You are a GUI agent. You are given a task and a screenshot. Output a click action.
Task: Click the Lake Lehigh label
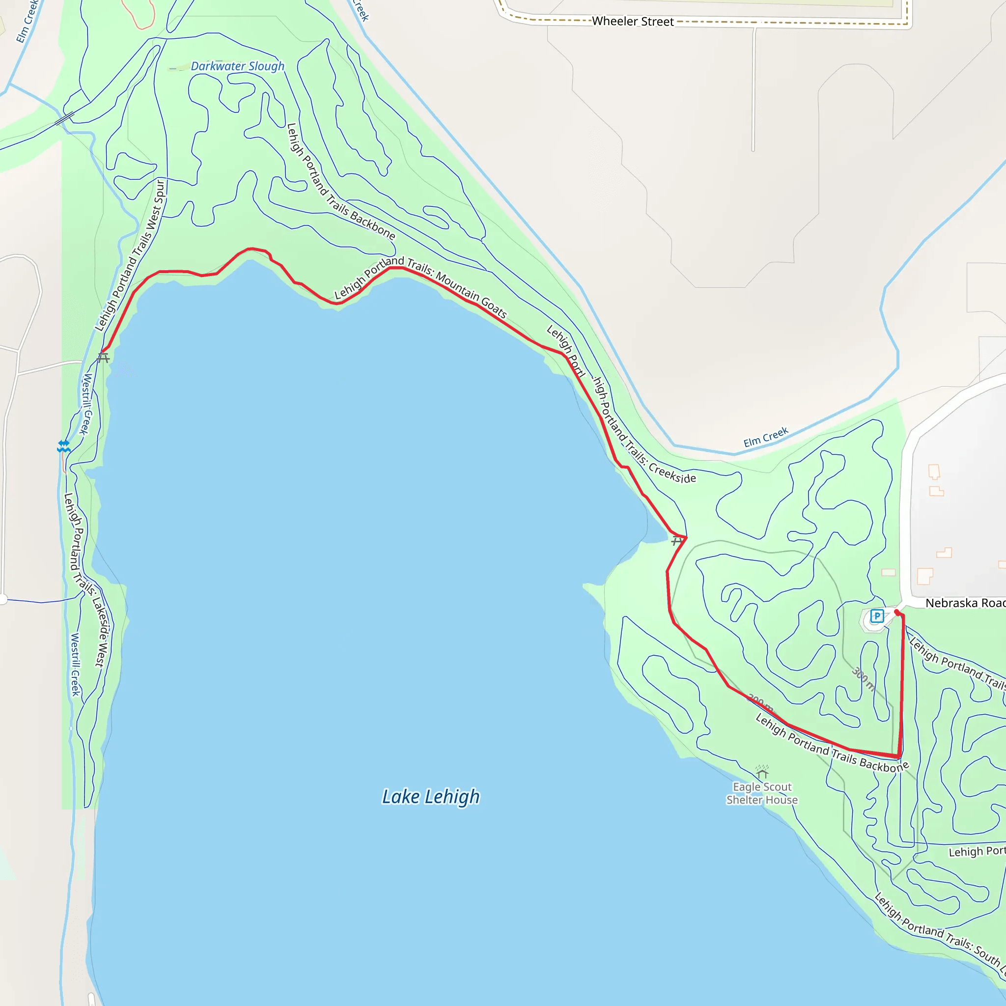coord(431,797)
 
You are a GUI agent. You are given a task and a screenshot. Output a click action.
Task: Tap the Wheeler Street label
coord(633,21)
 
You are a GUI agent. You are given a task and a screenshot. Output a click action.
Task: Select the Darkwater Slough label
coord(237,66)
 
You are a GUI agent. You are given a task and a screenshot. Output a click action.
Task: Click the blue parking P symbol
coord(877,616)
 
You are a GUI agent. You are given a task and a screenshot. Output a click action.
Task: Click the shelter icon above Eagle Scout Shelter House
coord(762,772)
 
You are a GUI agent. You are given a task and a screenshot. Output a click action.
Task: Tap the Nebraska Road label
coord(964,603)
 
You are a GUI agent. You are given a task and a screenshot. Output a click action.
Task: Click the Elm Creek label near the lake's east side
coord(765,437)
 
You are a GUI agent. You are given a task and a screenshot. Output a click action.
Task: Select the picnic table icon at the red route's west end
coord(103,358)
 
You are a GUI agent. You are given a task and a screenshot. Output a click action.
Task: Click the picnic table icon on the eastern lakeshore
coord(676,541)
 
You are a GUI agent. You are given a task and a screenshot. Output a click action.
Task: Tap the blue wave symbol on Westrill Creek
coord(63,446)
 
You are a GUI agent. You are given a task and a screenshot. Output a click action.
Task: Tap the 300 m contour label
coord(863,678)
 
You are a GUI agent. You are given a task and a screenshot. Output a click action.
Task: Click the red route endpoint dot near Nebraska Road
coord(896,613)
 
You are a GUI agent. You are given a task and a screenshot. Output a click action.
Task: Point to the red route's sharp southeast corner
coord(899,756)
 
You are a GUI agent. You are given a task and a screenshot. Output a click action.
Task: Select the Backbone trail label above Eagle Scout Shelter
coord(832,744)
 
